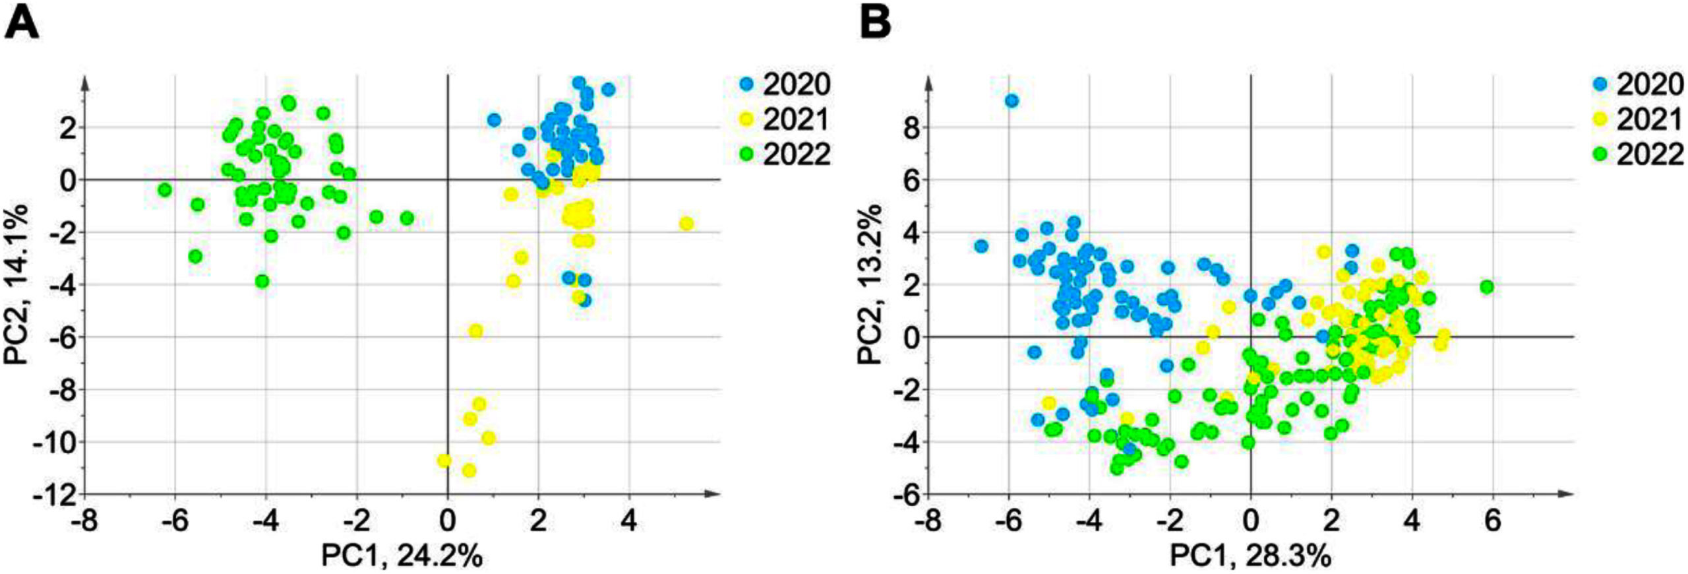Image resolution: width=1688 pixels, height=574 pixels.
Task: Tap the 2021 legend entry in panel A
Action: tap(784, 120)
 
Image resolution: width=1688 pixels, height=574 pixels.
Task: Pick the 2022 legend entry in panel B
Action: tap(1639, 155)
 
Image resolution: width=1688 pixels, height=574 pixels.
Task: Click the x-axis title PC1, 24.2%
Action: tap(402, 556)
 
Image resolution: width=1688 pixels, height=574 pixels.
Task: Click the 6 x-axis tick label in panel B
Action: tap(1492, 521)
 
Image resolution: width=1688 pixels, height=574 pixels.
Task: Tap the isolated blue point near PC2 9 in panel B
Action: tap(1011, 101)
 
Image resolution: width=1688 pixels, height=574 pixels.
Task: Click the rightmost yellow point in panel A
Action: tap(686, 224)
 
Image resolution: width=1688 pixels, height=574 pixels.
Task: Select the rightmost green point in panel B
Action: tap(1486, 287)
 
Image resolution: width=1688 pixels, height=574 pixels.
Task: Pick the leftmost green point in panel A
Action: tap(165, 190)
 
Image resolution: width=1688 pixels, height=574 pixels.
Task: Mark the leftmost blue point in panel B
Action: tap(981, 246)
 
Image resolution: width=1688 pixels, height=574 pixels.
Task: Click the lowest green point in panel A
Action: tap(262, 281)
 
